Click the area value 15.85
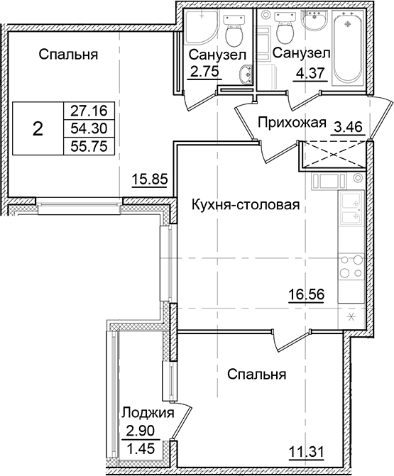[x=149, y=179]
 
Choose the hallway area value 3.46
[x=348, y=127]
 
